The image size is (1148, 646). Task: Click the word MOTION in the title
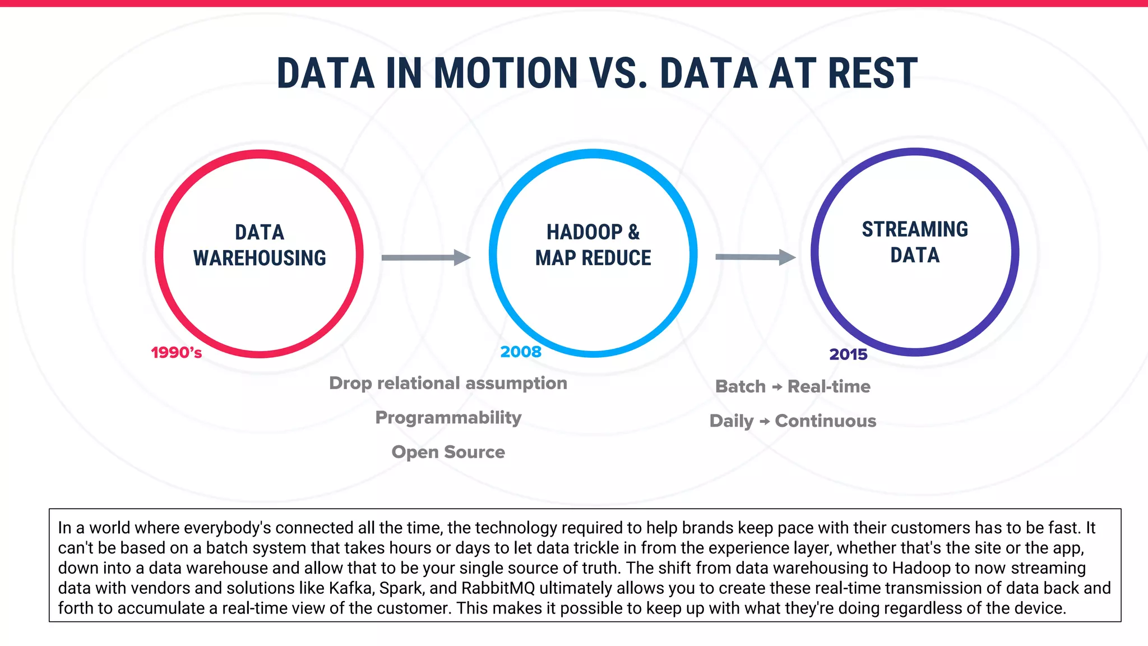pos(505,73)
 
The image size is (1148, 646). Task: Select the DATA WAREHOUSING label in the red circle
pos(260,245)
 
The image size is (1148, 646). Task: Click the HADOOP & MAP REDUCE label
pos(593,245)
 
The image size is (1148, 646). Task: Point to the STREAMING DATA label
pos(915,242)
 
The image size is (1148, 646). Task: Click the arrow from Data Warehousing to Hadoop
pos(425,257)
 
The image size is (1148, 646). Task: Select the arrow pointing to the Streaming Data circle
pos(755,257)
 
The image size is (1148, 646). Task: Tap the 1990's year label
pos(177,353)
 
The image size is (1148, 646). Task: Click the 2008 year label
pos(521,352)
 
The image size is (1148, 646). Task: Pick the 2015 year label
pos(848,354)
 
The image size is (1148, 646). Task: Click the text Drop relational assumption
pos(448,383)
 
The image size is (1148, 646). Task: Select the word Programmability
pos(448,418)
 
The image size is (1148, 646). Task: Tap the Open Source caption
pos(448,452)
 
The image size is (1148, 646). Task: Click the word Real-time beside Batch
pos(828,386)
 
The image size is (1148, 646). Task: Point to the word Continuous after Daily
pos(825,421)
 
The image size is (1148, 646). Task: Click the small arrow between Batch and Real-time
pos(777,387)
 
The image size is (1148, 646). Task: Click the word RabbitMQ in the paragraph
pos(498,588)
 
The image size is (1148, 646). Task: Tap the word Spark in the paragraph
pos(402,588)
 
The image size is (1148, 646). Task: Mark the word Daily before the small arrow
pos(732,421)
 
